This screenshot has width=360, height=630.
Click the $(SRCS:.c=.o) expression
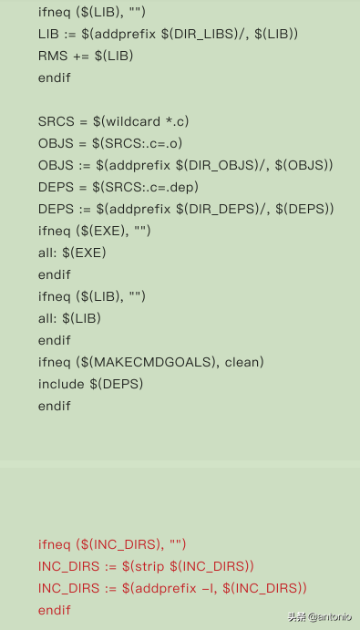[136, 143]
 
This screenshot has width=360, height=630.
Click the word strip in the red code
[148, 566]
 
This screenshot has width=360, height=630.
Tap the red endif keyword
[55, 610]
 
